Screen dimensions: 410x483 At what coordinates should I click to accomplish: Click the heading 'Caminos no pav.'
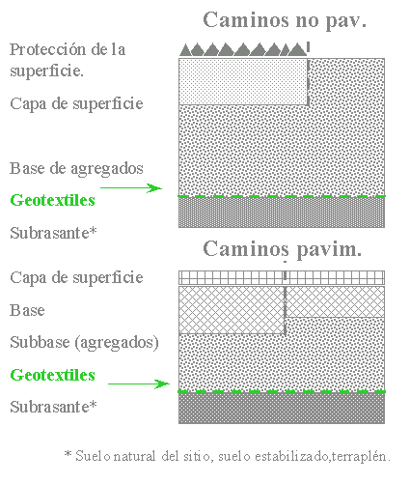(x=285, y=20)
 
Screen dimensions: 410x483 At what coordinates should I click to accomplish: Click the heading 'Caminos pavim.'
(x=283, y=249)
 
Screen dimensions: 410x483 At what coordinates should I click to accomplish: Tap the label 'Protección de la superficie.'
(x=68, y=60)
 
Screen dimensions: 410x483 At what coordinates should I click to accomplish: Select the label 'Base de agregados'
(x=76, y=169)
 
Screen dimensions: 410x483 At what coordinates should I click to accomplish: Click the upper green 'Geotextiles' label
(x=53, y=200)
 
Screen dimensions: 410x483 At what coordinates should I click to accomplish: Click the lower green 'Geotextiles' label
(x=53, y=375)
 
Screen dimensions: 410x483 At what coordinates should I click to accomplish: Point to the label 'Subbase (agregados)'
(x=84, y=343)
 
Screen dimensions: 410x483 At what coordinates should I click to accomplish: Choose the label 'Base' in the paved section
(x=27, y=310)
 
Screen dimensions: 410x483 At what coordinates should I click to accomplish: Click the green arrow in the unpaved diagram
(x=131, y=187)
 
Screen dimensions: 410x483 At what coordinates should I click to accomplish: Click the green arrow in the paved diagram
(x=139, y=384)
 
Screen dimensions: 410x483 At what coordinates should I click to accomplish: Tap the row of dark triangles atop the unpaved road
(x=243, y=50)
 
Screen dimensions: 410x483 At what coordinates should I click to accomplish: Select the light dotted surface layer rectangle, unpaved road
(x=243, y=81)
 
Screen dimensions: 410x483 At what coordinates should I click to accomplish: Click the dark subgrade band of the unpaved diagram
(x=282, y=213)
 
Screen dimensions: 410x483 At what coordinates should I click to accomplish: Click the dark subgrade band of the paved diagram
(x=282, y=408)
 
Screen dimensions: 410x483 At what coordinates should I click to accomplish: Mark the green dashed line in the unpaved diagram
(x=282, y=196)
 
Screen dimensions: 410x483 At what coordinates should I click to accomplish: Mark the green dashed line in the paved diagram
(x=282, y=391)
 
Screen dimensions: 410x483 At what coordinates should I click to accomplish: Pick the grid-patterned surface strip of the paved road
(x=282, y=277)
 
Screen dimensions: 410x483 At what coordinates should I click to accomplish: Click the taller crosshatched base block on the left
(x=232, y=310)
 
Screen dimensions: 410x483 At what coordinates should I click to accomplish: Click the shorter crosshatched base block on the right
(x=336, y=301)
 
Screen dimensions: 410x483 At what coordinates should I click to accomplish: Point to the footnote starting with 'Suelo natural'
(x=228, y=456)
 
